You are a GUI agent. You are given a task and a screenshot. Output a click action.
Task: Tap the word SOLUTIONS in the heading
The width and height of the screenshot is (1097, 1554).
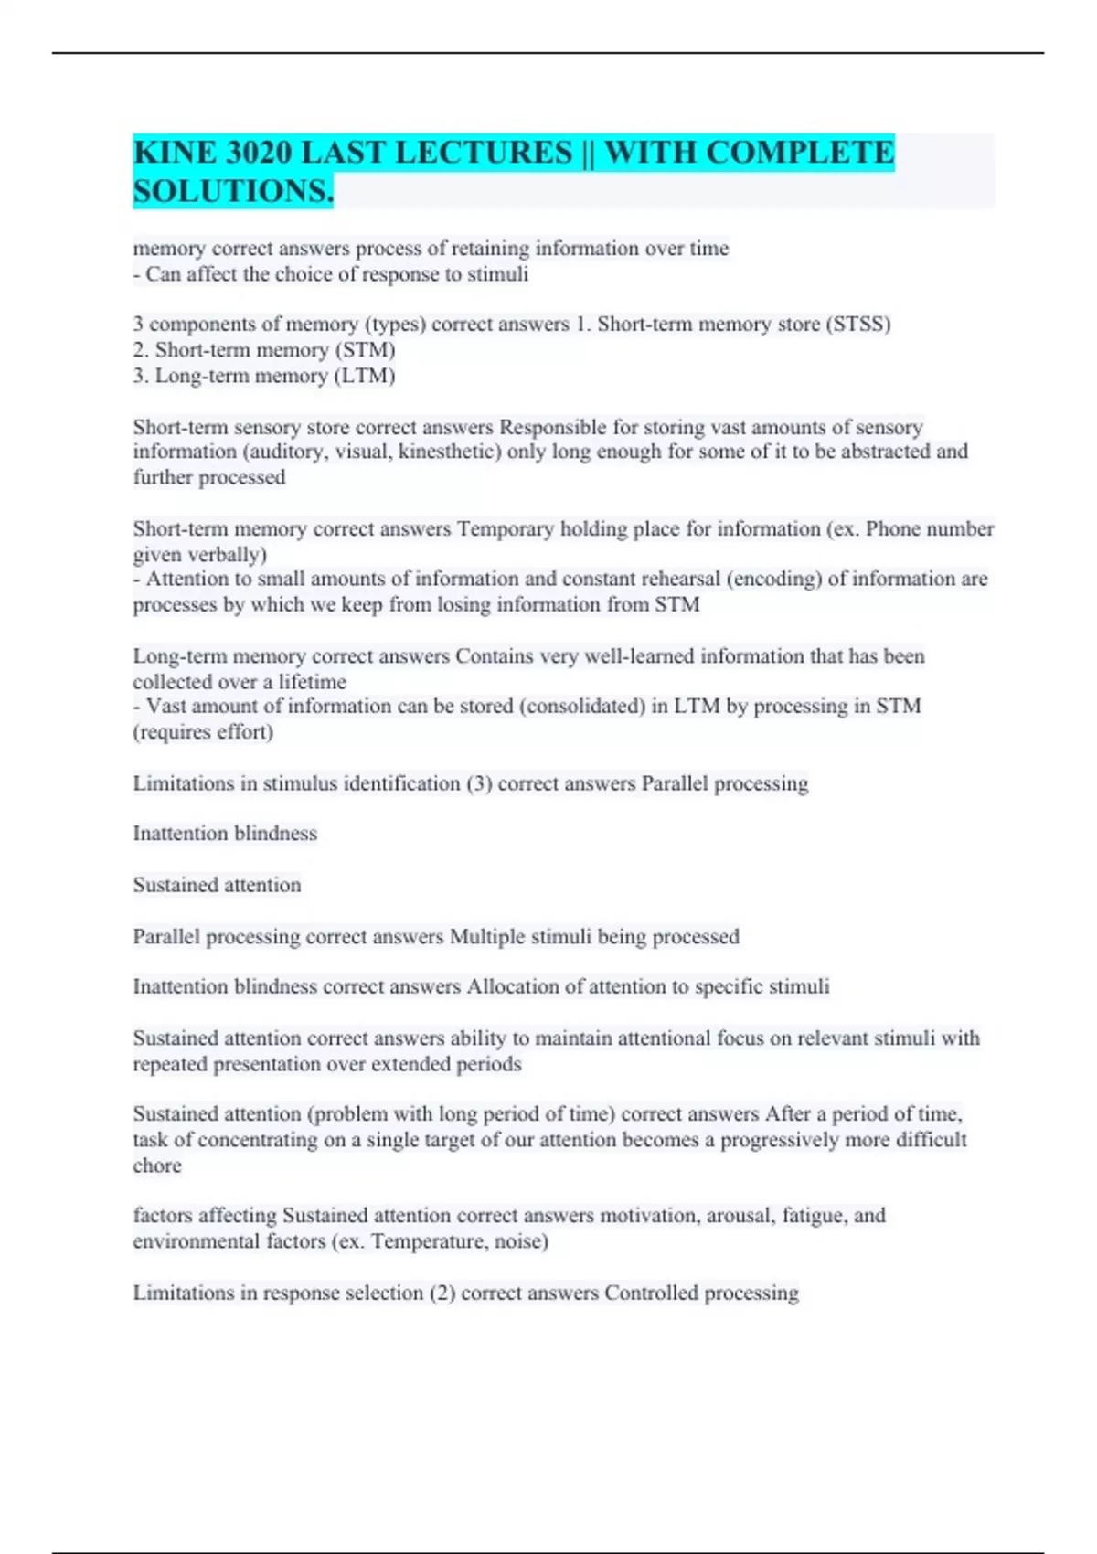click(x=232, y=191)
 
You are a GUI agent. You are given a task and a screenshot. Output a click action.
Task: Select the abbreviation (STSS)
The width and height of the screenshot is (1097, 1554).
click(x=857, y=325)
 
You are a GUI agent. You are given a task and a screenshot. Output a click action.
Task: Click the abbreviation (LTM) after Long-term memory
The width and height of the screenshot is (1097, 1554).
click(x=366, y=376)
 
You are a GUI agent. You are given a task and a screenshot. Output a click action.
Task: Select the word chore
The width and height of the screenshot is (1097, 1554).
click(x=157, y=1166)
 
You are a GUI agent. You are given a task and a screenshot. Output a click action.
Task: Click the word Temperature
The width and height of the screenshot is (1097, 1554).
click(x=423, y=1241)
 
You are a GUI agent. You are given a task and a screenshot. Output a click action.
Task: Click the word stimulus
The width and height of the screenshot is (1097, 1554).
click(x=300, y=784)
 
